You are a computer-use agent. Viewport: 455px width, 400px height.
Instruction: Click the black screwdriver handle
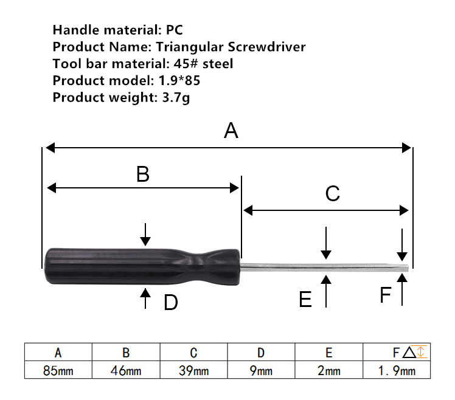[x=142, y=266]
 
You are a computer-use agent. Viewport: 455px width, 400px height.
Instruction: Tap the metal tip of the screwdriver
[x=405, y=268]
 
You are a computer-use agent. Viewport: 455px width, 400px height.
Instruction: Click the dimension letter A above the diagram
[x=231, y=131]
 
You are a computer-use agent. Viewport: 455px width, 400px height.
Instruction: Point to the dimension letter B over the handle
[x=143, y=174]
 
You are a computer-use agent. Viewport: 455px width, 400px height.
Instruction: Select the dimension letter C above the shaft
[x=333, y=193]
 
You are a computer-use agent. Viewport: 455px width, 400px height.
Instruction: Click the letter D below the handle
[x=170, y=302]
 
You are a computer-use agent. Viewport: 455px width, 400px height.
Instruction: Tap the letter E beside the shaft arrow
[x=305, y=299]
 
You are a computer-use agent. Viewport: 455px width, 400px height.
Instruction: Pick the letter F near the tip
[x=386, y=295]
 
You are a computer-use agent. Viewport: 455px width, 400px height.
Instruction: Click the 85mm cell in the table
[x=58, y=370]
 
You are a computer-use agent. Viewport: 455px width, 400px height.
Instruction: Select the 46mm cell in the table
[x=126, y=370]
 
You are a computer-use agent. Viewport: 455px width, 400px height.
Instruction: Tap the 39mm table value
[x=193, y=370]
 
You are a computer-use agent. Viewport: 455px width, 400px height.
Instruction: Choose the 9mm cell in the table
[x=261, y=370]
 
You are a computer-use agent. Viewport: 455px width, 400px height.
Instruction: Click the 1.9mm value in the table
[x=397, y=370]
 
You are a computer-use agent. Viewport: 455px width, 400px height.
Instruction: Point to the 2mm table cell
[x=328, y=370]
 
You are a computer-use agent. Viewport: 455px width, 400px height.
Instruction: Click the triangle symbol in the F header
[x=409, y=352]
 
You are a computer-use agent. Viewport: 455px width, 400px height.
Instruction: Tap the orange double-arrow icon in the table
[x=422, y=351]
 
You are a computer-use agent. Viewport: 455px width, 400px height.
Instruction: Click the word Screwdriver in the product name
[x=266, y=47]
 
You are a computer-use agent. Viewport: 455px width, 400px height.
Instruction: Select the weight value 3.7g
[x=176, y=98]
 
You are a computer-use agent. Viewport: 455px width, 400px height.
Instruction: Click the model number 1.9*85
[x=179, y=80]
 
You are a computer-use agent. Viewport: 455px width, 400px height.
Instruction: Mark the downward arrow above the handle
[x=145, y=235]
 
